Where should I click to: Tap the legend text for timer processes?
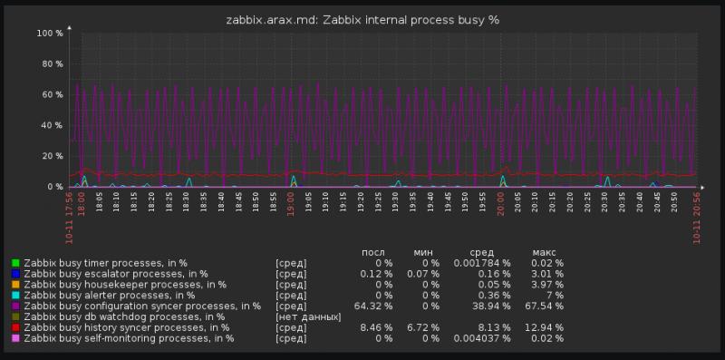pos(105,263)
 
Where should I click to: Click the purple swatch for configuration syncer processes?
pos(14,306)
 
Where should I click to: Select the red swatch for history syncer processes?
pos(14,327)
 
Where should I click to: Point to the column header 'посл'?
pos(373,251)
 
